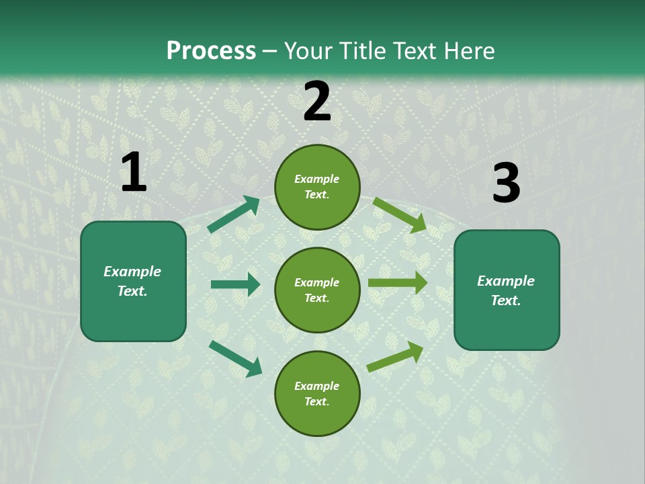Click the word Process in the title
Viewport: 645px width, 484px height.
(211, 51)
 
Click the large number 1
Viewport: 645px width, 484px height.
(134, 173)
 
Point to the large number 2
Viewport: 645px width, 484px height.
(317, 102)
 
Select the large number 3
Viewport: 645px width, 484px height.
(506, 184)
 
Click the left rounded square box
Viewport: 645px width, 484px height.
(133, 281)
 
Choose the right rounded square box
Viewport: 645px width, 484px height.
(507, 290)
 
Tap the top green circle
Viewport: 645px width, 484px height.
(317, 187)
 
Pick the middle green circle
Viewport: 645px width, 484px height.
(317, 290)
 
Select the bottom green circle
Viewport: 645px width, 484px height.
(317, 393)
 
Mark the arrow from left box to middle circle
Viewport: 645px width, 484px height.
(235, 284)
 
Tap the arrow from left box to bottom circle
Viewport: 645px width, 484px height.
(235, 358)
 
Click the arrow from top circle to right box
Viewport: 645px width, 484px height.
(400, 214)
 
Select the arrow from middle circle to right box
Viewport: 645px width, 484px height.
(398, 283)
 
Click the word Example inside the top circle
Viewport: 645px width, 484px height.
(317, 179)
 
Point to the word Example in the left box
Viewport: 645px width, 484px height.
(132, 272)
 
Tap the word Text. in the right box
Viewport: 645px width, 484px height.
(506, 300)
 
